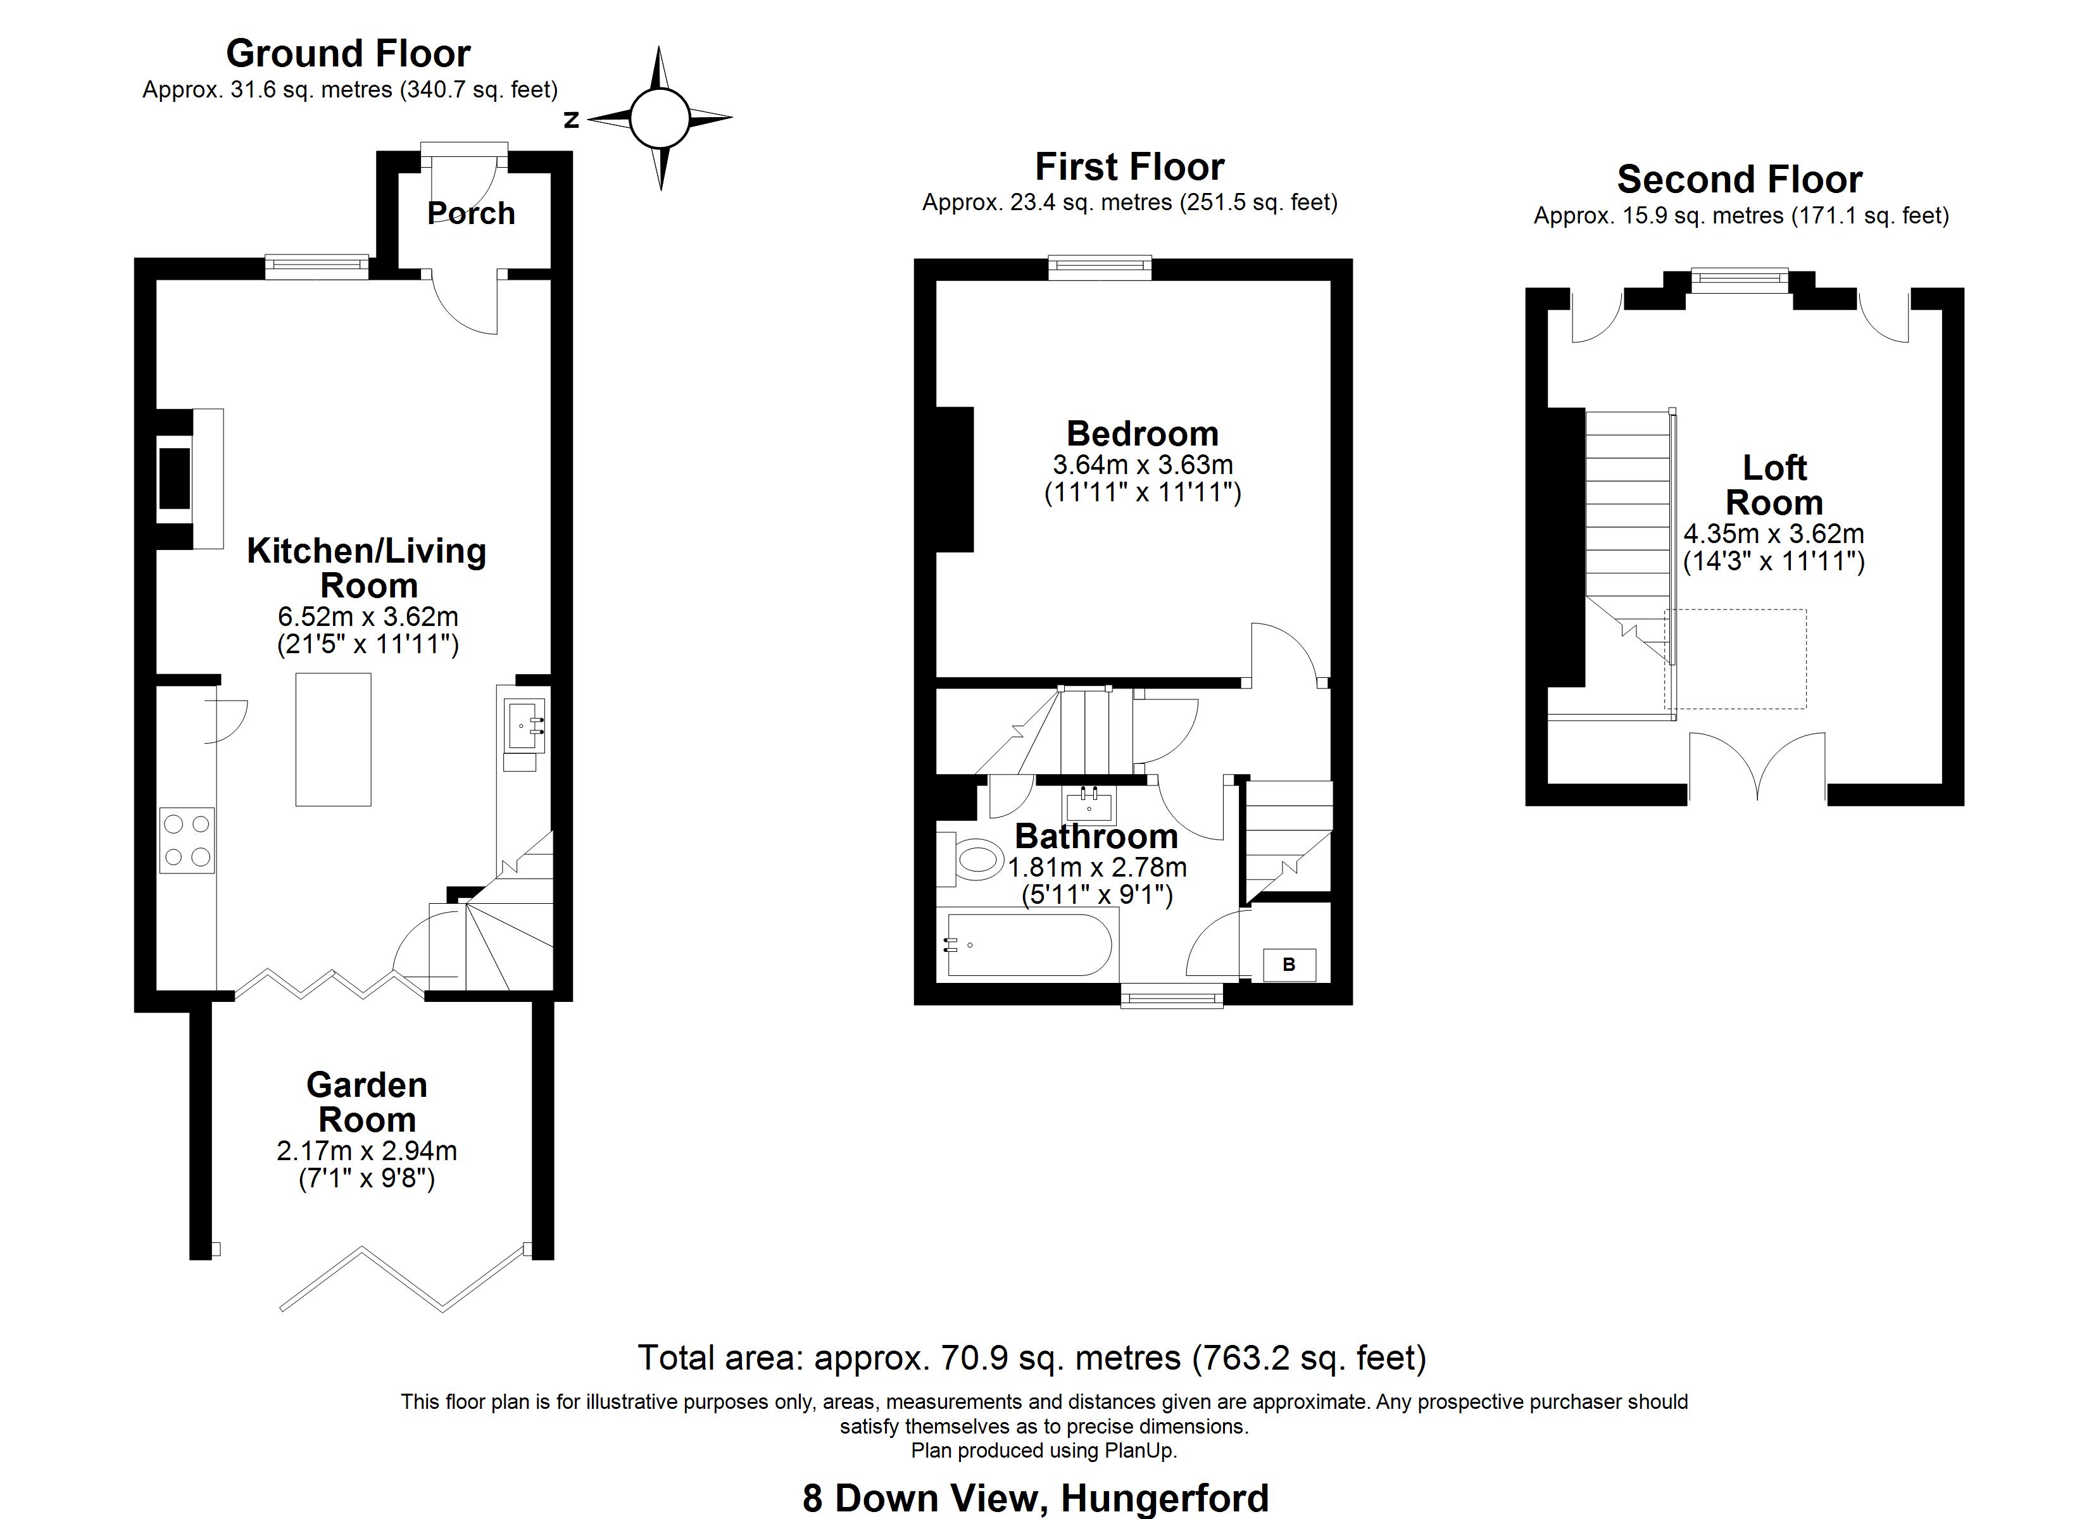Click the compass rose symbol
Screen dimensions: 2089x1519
click(660, 118)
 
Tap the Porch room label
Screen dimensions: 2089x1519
click(471, 213)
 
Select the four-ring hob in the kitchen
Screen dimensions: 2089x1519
click(187, 840)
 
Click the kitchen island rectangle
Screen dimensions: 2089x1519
click(334, 740)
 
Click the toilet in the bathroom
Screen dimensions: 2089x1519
click(974, 860)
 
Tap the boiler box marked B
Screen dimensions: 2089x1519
click(1289, 965)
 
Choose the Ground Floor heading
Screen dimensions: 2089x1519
click(348, 53)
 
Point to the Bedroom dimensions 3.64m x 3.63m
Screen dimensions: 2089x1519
click(1142, 465)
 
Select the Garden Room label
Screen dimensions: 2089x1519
click(367, 1102)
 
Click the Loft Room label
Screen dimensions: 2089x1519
click(1774, 485)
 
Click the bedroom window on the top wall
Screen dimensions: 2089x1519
click(1100, 268)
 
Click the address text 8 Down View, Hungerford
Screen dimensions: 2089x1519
click(1035, 1498)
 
